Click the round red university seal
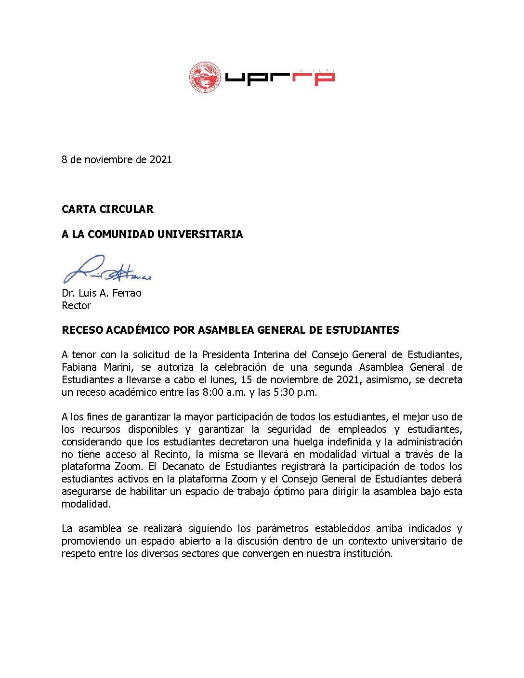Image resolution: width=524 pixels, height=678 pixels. tap(205, 77)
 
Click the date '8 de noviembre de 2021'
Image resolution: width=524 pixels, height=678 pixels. tap(117, 160)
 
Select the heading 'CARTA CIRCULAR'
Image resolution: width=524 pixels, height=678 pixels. tap(107, 209)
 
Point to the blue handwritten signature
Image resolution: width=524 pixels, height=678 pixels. tap(107, 270)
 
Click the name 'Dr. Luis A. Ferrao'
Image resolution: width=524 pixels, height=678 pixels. tap(102, 293)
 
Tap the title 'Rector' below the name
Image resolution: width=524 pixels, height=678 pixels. tap(76, 306)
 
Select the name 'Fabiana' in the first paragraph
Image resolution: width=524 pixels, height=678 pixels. tap(79, 367)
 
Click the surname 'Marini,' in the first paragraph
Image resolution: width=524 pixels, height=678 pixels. tap(118, 367)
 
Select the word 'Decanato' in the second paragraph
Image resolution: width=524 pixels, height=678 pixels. tap(185, 467)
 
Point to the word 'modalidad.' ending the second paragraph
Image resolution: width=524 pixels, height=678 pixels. tap(86, 504)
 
